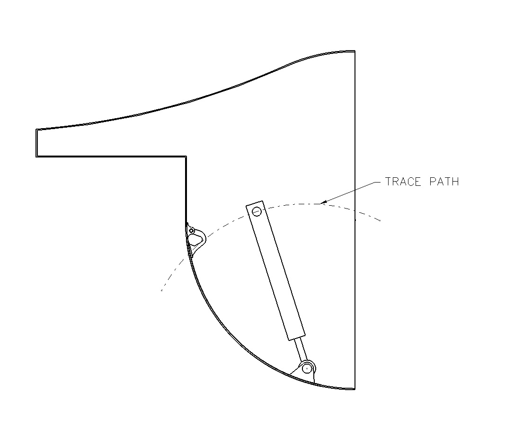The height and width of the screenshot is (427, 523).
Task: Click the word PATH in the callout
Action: tap(443, 182)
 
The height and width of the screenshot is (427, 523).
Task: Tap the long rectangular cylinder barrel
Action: tap(275, 271)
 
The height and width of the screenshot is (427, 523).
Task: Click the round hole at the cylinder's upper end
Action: tap(257, 211)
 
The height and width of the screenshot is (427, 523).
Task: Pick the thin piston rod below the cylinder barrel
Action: tap(301, 350)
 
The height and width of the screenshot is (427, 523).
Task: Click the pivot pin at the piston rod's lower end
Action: tap(308, 367)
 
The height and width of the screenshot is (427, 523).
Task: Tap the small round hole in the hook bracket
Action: tap(192, 230)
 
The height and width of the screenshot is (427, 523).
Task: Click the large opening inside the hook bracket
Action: tap(195, 240)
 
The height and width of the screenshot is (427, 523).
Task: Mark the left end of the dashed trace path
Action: tap(161, 290)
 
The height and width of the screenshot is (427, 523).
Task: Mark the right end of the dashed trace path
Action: tap(381, 220)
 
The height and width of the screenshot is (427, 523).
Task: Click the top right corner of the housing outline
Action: tap(355, 51)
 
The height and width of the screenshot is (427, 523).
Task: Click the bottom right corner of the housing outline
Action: tap(355, 389)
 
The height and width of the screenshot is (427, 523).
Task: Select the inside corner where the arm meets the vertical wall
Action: tap(186, 156)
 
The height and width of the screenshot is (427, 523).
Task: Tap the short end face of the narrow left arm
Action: tap(36, 142)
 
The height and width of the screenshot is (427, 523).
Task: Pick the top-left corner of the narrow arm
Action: tap(36, 129)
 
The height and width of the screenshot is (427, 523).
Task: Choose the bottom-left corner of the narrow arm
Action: tap(36, 156)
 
